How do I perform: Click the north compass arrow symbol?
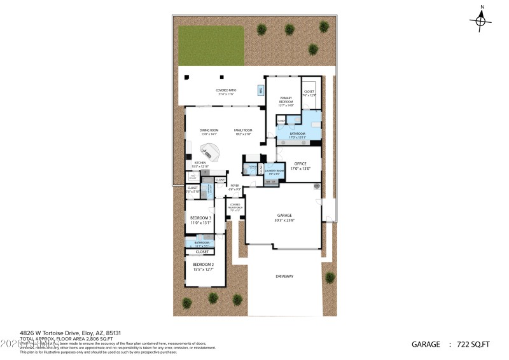482,20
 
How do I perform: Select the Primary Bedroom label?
286,101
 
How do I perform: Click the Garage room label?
284,218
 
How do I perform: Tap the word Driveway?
284,276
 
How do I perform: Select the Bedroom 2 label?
203,266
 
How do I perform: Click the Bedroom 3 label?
201,219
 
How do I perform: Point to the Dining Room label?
209,132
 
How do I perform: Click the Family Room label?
243,132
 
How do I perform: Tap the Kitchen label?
200,165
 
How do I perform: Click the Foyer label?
235,187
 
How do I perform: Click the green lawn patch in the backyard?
211,46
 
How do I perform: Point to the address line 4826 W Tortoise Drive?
60,332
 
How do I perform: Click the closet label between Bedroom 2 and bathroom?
202,252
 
